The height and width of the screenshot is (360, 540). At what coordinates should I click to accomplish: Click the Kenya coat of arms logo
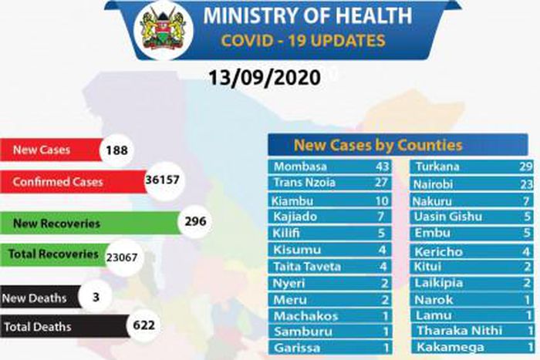(x=164, y=30)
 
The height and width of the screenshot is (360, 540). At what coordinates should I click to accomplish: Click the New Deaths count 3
(x=104, y=296)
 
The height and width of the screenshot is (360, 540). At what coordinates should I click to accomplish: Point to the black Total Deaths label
(x=38, y=327)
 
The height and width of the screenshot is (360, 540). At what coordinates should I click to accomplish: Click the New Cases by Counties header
(x=378, y=145)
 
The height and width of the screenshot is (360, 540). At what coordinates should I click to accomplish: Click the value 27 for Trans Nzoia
(x=380, y=183)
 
